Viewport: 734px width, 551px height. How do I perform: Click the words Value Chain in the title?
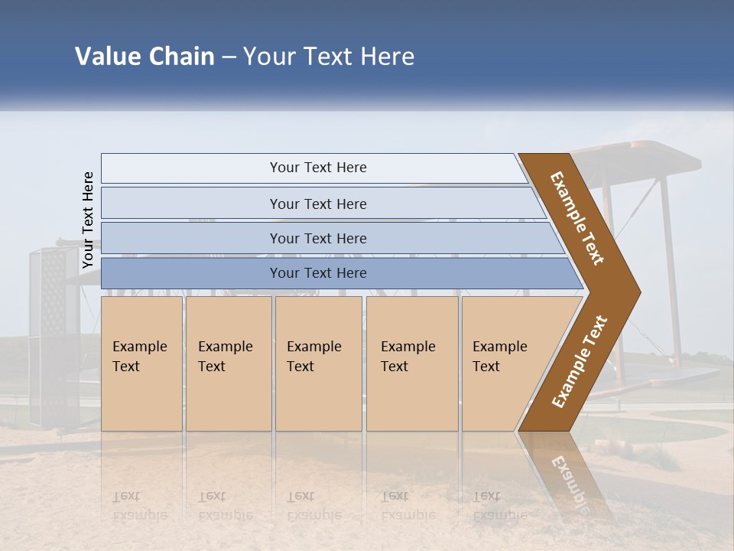click(x=145, y=57)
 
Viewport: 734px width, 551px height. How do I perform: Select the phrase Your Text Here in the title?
click(x=329, y=57)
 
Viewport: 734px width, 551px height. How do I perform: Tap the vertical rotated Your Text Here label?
click(x=88, y=220)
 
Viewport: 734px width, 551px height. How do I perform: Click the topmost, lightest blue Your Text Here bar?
click(x=317, y=168)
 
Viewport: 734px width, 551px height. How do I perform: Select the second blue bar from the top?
click(x=317, y=204)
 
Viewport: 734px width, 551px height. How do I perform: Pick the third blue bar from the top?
click(x=317, y=238)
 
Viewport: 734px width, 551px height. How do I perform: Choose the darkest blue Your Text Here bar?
click(x=317, y=273)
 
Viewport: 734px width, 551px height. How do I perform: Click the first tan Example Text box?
click(x=141, y=364)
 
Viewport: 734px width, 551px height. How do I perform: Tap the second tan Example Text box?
click(x=228, y=364)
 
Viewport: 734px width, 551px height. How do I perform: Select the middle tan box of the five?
click(x=318, y=364)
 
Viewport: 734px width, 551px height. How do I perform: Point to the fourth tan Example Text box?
click(x=411, y=364)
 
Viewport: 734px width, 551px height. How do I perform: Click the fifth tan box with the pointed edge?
click(x=505, y=364)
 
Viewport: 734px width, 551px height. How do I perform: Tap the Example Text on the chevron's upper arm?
click(x=578, y=218)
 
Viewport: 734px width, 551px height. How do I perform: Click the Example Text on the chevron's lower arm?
click(x=580, y=361)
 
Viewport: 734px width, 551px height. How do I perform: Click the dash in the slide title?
click(x=229, y=57)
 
